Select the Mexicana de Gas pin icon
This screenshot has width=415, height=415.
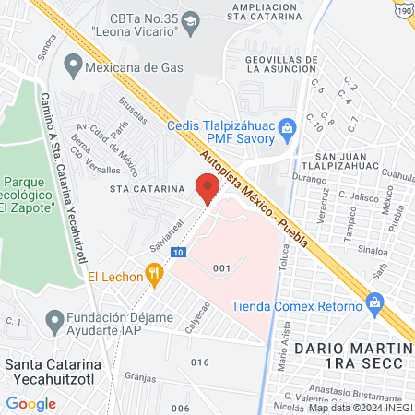click(73, 66)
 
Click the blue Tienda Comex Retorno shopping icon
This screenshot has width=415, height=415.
click(374, 302)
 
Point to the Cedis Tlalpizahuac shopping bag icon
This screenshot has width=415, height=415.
click(286, 125)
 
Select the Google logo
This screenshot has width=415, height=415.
click(30, 403)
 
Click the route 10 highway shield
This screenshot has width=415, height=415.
click(178, 252)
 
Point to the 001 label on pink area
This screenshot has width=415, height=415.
click(220, 267)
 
